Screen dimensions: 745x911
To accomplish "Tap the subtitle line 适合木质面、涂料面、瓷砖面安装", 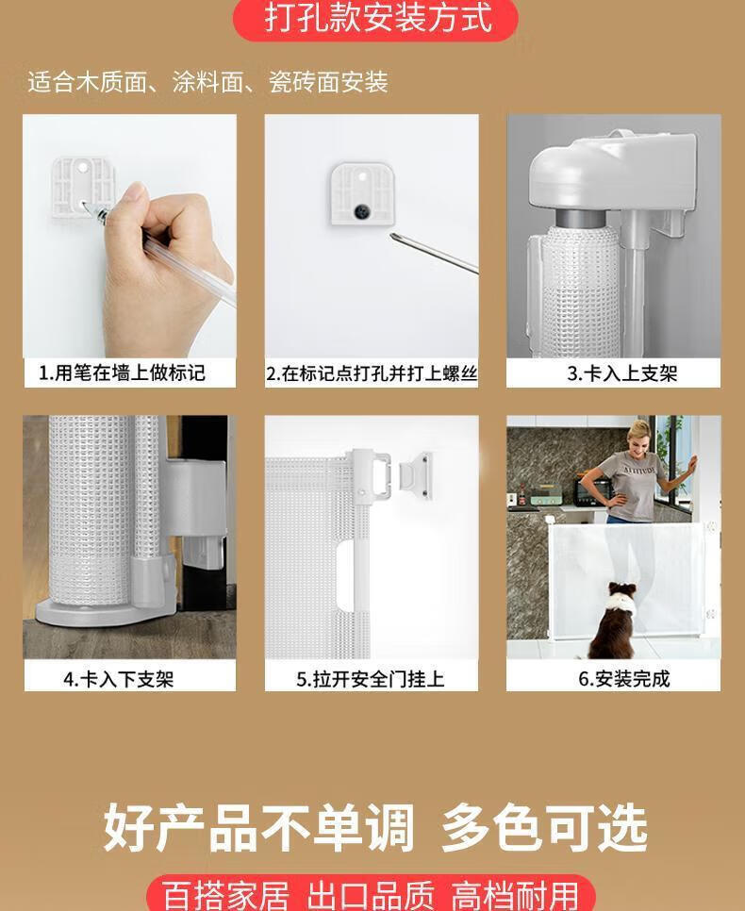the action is point(207,82).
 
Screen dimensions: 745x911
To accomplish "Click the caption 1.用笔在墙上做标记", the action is point(122,373).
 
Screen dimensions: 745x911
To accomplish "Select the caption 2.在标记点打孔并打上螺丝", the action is point(372,373).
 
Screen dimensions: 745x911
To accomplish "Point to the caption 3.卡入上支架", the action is point(622,373).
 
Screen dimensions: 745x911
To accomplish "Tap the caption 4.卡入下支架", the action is point(119,679).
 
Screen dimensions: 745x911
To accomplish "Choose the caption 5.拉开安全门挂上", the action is point(371,679).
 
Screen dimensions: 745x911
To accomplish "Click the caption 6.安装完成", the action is point(624,679).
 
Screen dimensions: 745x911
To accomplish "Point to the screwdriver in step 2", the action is point(434,254).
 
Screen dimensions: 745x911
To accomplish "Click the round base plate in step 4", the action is point(105,613).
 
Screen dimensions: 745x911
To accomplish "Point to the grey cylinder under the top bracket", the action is point(581,218).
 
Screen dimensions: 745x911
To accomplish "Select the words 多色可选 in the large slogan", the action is point(544,828).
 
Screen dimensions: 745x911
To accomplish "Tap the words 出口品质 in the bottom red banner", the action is point(371,896).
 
